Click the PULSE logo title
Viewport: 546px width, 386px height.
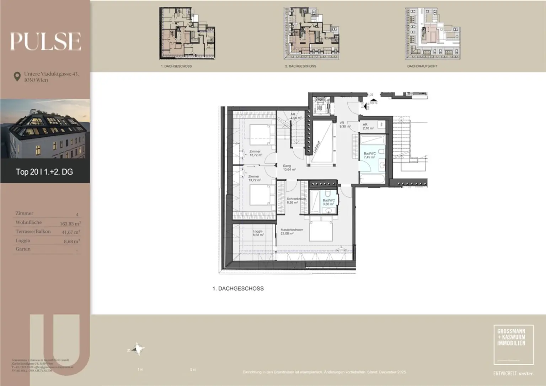point(45,41)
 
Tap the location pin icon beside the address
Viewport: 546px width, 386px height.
point(17,77)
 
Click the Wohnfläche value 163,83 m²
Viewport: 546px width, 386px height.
point(70,224)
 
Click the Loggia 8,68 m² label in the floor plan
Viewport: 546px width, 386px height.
point(258,233)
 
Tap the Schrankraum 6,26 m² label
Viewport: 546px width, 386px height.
point(296,201)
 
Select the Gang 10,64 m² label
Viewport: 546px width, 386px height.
point(289,168)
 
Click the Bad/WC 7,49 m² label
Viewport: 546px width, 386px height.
point(369,155)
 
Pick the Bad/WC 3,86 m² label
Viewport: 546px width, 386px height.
point(328,202)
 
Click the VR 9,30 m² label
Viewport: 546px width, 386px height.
point(344,125)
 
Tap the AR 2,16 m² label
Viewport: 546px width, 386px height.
point(368,126)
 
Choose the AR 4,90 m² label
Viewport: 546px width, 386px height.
point(296,116)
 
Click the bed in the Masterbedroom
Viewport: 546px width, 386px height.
point(321,229)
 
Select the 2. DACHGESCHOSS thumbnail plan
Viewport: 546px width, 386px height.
point(312,33)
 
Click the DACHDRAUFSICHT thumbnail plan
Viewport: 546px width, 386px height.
point(432,33)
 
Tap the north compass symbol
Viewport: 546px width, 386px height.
point(136,349)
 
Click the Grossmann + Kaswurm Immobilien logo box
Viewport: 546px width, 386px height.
point(513,344)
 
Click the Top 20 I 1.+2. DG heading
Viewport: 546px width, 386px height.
point(44,172)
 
